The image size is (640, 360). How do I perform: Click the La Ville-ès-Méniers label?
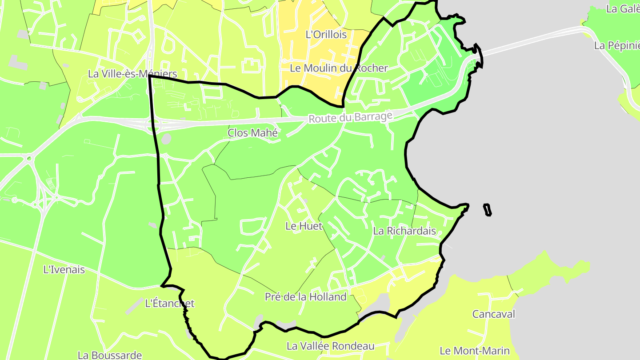(132, 74)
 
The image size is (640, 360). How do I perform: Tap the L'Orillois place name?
(326, 34)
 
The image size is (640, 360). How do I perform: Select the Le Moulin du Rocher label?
(339, 68)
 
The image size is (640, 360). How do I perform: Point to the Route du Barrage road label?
(351, 118)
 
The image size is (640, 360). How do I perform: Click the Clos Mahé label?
(252, 133)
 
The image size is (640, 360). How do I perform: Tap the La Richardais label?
(404, 231)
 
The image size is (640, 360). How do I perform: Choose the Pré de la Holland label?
(305, 297)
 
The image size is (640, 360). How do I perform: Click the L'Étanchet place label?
(170, 304)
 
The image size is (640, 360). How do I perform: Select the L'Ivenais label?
(64, 269)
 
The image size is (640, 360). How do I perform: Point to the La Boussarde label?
(110, 355)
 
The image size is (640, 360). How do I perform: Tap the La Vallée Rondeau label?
(330, 346)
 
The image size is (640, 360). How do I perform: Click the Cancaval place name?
(493, 314)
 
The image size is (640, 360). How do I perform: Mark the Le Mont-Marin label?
(475, 351)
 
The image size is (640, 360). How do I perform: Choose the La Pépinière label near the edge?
(617, 46)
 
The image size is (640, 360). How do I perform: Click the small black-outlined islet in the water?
(488, 209)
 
